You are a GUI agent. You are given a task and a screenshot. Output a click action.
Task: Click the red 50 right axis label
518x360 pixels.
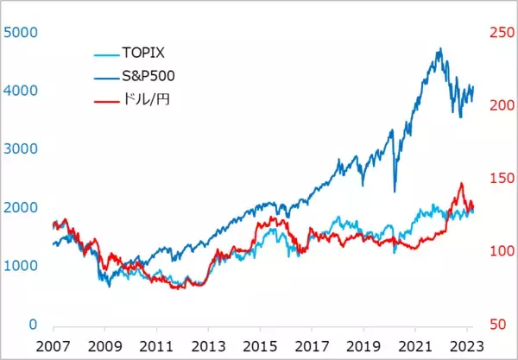pyautogui.click(x=496, y=325)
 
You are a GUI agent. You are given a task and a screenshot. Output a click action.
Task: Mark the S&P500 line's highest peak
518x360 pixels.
pyautogui.click(x=440, y=48)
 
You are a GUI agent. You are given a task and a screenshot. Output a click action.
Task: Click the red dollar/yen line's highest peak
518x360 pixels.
pyautogui.click(x=461, y=183)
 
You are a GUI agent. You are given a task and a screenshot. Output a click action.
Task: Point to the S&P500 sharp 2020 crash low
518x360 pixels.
pyautogui.click(x=395, y=192)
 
